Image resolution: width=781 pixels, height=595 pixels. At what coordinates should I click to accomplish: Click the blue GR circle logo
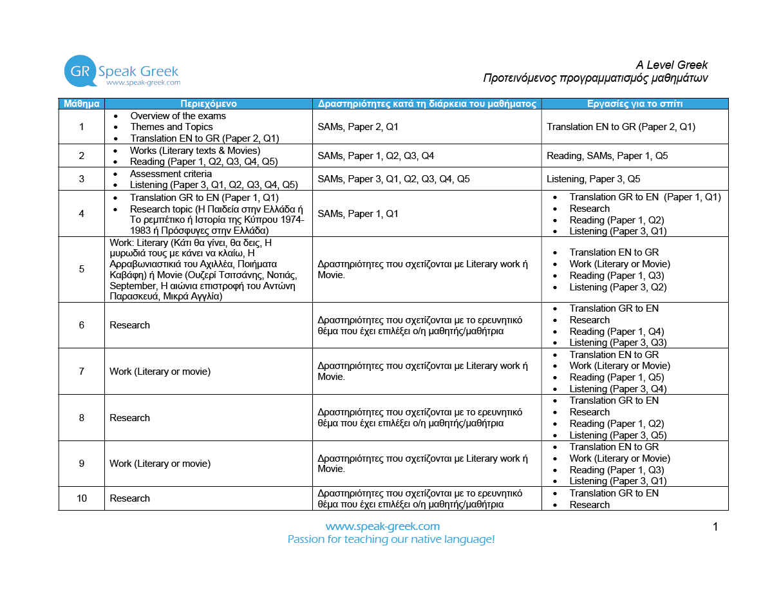click(80, 71)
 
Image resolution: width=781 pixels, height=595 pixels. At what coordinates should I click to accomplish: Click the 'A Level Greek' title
click(671, 65)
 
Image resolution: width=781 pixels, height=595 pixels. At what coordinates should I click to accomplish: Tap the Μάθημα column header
click(81, 104)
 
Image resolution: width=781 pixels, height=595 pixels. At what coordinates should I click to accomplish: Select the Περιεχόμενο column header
click(208, 104)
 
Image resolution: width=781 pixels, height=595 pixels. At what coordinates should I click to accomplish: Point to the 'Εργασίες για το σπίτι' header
click(634, 104)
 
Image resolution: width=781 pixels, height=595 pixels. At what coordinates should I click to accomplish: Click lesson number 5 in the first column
click(81, 269)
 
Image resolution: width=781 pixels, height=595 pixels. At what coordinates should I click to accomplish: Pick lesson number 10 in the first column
click(81, 498)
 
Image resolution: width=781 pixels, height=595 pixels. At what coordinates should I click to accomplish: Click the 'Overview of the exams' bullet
click(178, 116)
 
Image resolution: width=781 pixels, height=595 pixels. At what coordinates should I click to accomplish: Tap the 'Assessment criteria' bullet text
click(171, 174)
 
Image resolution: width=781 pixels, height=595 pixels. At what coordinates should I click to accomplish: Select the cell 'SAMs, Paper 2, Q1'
click(358, 127)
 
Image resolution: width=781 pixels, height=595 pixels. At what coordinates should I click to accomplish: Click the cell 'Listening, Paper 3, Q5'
click(593, 179)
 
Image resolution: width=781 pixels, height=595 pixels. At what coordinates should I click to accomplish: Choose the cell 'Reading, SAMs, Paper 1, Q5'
click(607, 156)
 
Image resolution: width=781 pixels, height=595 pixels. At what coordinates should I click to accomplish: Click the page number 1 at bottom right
click(715, 527)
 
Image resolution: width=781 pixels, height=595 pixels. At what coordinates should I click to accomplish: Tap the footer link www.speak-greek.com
click(382, 526)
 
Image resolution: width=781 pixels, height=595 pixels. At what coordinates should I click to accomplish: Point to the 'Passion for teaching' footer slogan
click(391, 540)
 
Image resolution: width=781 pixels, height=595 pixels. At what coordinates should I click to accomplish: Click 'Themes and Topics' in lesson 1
click(171, 127)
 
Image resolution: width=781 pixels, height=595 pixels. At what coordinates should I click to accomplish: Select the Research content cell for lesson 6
click(129, 325)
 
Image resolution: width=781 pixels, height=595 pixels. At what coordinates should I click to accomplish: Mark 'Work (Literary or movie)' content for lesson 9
click(160, 464)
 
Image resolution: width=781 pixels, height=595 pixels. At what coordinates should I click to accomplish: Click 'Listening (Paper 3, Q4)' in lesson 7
click(617, 389)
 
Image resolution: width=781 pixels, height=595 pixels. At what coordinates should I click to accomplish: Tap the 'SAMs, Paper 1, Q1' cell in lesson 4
click(358, 214)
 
